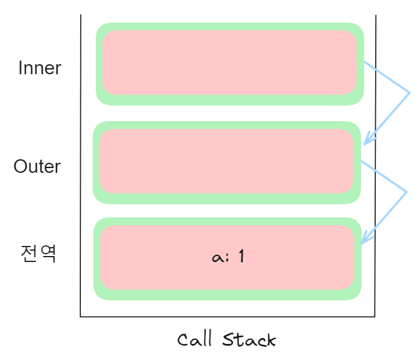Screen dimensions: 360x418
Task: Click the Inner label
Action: click(x=40, y=68)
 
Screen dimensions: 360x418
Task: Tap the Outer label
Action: click(x=37, y=166)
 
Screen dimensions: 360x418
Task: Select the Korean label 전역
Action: click(x=39, y=254)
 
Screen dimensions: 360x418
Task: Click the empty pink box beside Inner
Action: click(x=229, y=62)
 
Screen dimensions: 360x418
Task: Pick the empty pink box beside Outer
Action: click(x=227, y=162)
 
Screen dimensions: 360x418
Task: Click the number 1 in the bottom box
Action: click(x=241, y=257)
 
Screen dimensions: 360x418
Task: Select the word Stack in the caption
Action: click(x=250, y=340)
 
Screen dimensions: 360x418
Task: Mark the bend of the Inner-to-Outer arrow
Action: click(x=410, y=92)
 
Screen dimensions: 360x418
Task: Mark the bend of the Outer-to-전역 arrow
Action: click(x=406, y=191)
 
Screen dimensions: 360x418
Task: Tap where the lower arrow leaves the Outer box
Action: click(x=362, y=160)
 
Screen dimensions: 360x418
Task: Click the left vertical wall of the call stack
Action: click(x=80, y=178)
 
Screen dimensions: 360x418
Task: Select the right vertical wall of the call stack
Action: click(x=375, y=178)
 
